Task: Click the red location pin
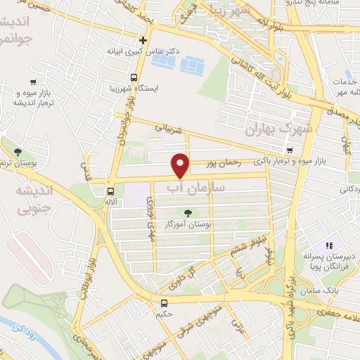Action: pos(181,166)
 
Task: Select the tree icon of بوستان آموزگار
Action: pos(188,213)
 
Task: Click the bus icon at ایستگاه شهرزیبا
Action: pos(134,78)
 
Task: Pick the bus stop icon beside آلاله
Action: pos(110,191)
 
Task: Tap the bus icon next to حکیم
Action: pos(164,304)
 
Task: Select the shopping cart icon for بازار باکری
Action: pos(290,150)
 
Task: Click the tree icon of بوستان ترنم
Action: pos(18,152)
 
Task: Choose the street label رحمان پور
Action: pos(226,163)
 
